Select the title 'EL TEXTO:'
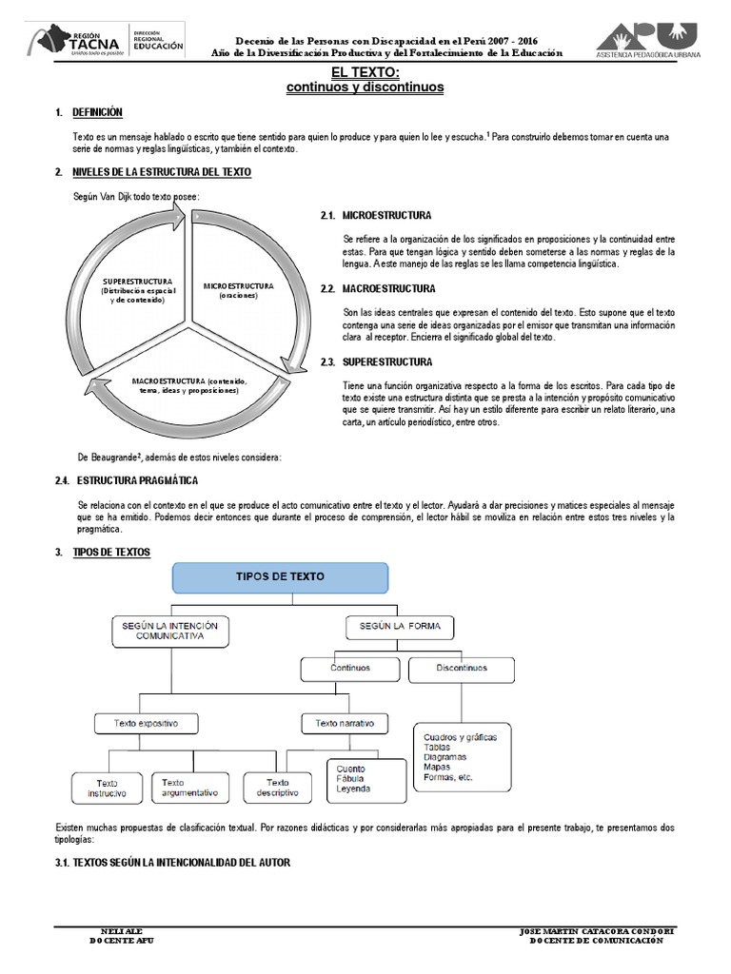pyautogui.click(x=365, y=72)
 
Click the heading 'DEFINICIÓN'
pyautogui.click(x=98, y=112)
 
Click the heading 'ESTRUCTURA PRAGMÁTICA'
pyautogui.click(x=137, y=480)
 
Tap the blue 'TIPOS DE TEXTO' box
pyautogui.click(x=279, y=577)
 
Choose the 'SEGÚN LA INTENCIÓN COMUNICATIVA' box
pyautogui.click(x=169, y=631)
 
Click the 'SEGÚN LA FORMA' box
pyautogui.click(x=400, y=627)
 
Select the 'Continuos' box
pyautogui.click(x=350, y=669)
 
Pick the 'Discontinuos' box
pyautogui.click(x=462, y=669)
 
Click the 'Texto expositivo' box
pyautogui.click(x=147, y=724)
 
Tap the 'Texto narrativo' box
pyautogui.click(x=345, y=724)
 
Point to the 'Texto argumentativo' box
pyautogui.click(x=190, y=787)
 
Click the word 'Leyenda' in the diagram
pyautogui.click(x=354, y=789)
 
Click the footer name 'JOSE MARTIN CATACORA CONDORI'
pyautogui.click(x=598, y=931)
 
